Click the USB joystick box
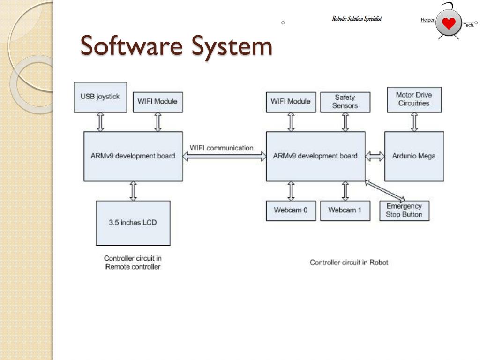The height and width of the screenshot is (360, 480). (100, 97)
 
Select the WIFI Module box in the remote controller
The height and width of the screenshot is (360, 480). (157, 102)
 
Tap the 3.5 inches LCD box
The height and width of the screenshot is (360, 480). (133, 223)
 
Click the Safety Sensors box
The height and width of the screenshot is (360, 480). (345, 102)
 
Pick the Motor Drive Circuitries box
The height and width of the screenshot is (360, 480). (414, 99)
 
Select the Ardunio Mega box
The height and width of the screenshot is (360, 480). (414, 156)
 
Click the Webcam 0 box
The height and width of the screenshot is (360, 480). (291, 210)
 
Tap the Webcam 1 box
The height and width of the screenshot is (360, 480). (345, 210)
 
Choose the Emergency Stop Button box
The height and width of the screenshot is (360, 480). (404, 210)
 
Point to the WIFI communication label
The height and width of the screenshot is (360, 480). (221, 148)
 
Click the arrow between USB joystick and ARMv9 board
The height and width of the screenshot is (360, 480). (100, 122)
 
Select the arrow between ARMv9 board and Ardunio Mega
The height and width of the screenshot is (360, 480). (375, 157)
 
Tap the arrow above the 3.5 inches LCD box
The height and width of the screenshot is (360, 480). (133, 191)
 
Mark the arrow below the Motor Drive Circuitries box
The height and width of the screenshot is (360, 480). (414, 122)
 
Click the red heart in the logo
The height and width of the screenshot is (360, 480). (449, 23)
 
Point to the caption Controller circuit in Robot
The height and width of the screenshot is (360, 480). (349, 262)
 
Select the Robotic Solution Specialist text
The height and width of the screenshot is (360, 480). (357, 19)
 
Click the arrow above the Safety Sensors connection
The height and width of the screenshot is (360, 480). (345, 122)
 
